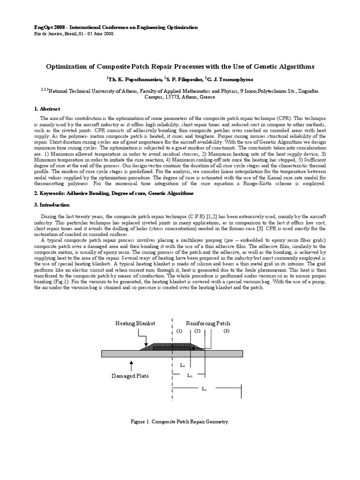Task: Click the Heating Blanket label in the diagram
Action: point(135,324)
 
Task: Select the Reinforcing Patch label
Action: point(208,324)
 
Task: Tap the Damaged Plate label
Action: point(130,376)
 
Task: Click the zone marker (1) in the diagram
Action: point(179,331)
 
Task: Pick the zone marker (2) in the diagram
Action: point(197,331)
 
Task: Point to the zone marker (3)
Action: point(226,331)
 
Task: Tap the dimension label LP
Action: point(204,389)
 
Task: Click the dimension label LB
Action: point(189,375)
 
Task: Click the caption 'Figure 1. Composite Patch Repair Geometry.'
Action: point(180,422)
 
